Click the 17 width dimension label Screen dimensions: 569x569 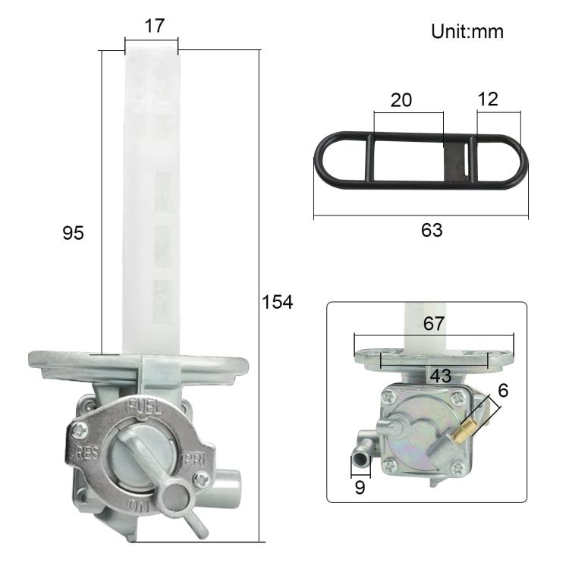point(154,27)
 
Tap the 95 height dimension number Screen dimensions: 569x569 point(73,233)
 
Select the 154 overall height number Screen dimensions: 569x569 point(277,302)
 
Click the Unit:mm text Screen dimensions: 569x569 point(467,32)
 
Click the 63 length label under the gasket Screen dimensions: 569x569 point(432,230)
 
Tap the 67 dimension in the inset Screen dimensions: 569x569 point(434,325)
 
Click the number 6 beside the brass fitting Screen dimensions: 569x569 point(504,391)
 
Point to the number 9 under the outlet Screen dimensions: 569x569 point(360,487)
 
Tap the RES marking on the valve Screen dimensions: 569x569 point(90,453)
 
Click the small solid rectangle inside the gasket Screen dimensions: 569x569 point(454,160)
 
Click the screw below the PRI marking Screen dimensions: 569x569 point(204,479)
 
